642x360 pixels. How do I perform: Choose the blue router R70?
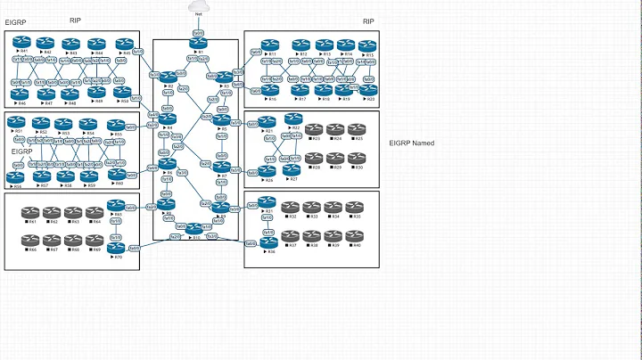pyautogui.click(x=115, y=248)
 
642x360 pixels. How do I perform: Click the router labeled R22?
pyautogui.click(x=293, y=119)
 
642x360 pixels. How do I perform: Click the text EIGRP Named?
pyautogui.click(x=413, y=143)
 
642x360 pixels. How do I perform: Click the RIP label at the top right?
pyautogui.click(x=367, y=20)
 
